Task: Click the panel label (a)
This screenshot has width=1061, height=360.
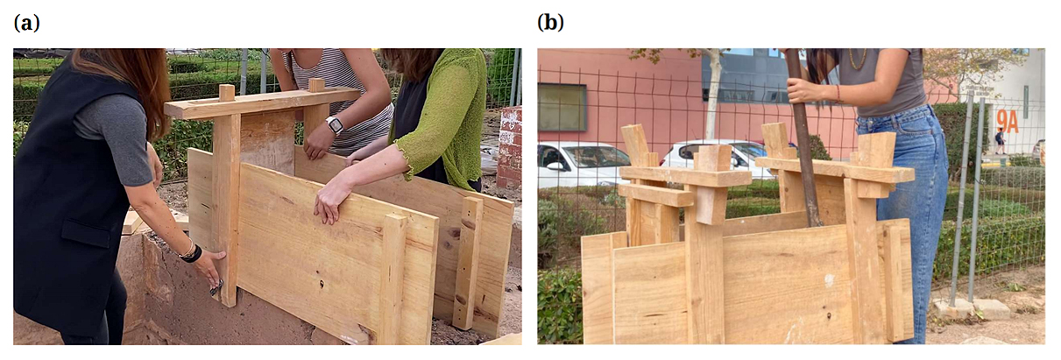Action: [x=26, y=23]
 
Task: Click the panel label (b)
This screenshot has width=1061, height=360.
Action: [x=550, y=23]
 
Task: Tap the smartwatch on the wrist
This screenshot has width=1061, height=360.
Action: [x=335, y=125]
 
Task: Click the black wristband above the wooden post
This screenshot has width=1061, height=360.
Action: [x=191, y=253]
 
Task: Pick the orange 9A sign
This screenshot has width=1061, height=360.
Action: [x=1008, y=123]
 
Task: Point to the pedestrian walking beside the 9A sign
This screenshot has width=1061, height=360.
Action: [x=1000, y=141]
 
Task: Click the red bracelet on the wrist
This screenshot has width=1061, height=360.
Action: [x=838, y=94]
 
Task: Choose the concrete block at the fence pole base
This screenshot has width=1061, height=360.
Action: [x=952, y=309]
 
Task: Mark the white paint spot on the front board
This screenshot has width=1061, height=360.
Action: [x=829, y=280]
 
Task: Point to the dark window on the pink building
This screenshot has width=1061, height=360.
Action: [x=562, y=107]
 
